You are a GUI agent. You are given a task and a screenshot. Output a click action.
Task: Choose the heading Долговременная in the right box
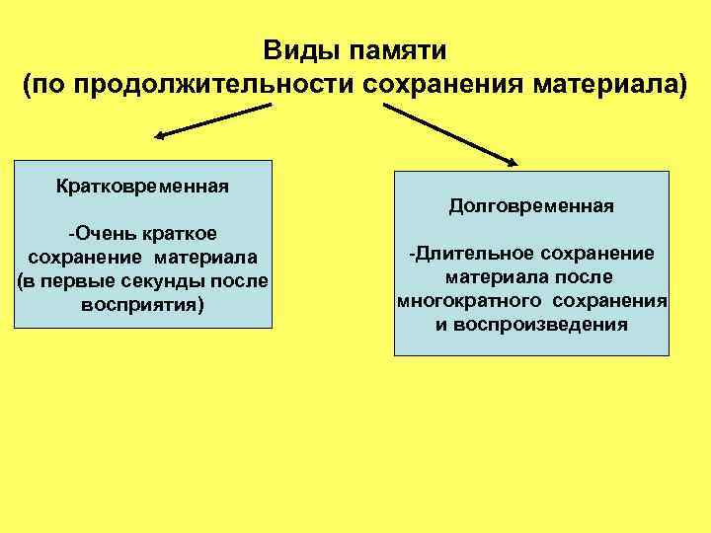(x=531, y=206)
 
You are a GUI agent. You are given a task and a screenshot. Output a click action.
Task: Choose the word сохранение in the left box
(x=82, y=257)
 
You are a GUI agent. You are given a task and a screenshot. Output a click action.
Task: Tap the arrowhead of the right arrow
(x=513, y=160)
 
